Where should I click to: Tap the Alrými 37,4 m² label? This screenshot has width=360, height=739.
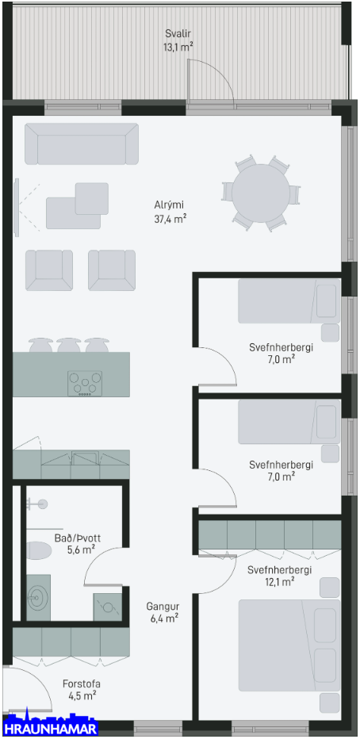coord(168,212)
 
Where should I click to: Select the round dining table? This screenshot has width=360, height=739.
coord(261,193)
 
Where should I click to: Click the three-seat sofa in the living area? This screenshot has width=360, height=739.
coord(82,144)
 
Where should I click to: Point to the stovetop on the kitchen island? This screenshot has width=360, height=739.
coord(85,383)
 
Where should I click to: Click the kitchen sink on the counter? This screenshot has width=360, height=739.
coord(86,458)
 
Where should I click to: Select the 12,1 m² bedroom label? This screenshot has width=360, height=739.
coord(279,576)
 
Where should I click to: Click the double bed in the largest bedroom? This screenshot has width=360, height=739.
coord(289,645)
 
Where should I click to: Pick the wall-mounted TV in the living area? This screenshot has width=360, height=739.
coord(17,208)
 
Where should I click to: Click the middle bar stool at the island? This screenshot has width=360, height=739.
coord(68,345)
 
